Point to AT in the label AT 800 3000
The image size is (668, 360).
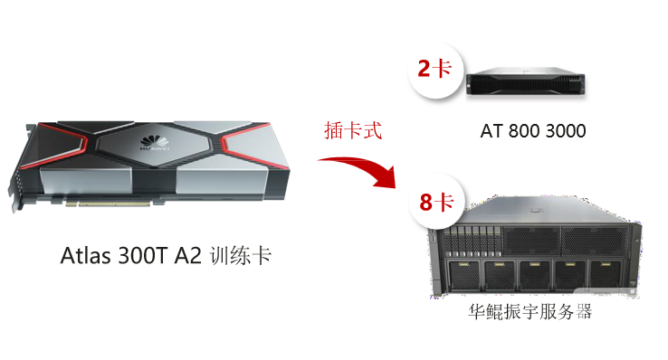tap(491, 132)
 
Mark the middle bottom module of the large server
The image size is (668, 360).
tap(539, 275)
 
